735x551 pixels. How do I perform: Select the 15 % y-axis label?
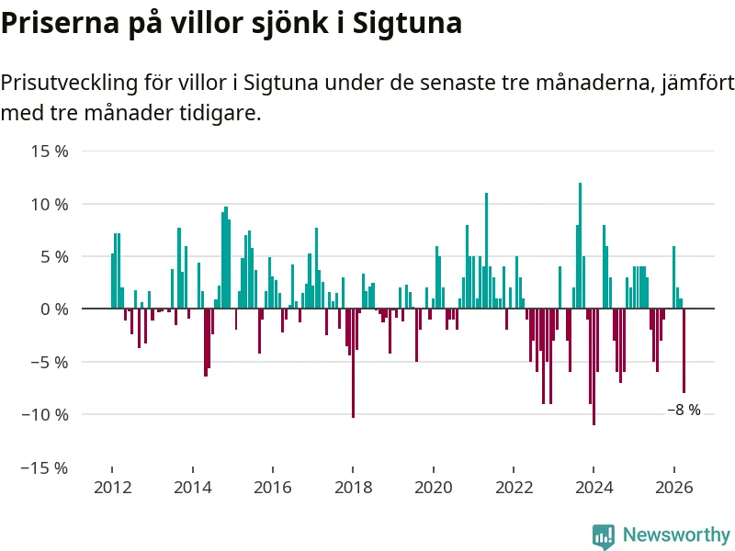[x=50, y=152]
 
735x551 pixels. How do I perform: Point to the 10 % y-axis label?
[x=50, y=204]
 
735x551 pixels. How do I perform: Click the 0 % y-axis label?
[x=54, y=309]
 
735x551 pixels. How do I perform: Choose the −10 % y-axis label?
[x=45, y=415]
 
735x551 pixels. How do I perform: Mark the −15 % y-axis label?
[x=45, y=467]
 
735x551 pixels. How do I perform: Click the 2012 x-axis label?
[x=112, y=488]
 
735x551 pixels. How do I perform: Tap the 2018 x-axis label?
[x=354, y=488]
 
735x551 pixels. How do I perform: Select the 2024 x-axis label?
[x=594, y=488]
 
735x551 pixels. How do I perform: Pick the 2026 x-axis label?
[x=674, y=488]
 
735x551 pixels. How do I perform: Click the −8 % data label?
[x=684, y=410]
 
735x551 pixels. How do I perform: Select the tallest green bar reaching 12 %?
[x=581, y=245]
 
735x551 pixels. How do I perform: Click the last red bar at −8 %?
[x=684, y=351]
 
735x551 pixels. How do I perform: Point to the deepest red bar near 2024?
[x=594, y=366]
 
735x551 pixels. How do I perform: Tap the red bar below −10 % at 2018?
[x=353, y=363]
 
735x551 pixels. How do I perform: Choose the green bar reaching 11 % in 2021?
[x=487, y=251]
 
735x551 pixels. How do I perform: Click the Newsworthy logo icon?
[x=604, y=536]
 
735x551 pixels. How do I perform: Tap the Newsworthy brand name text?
[x=676, y=534]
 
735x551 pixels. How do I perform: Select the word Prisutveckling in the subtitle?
[x=70, y=83]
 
